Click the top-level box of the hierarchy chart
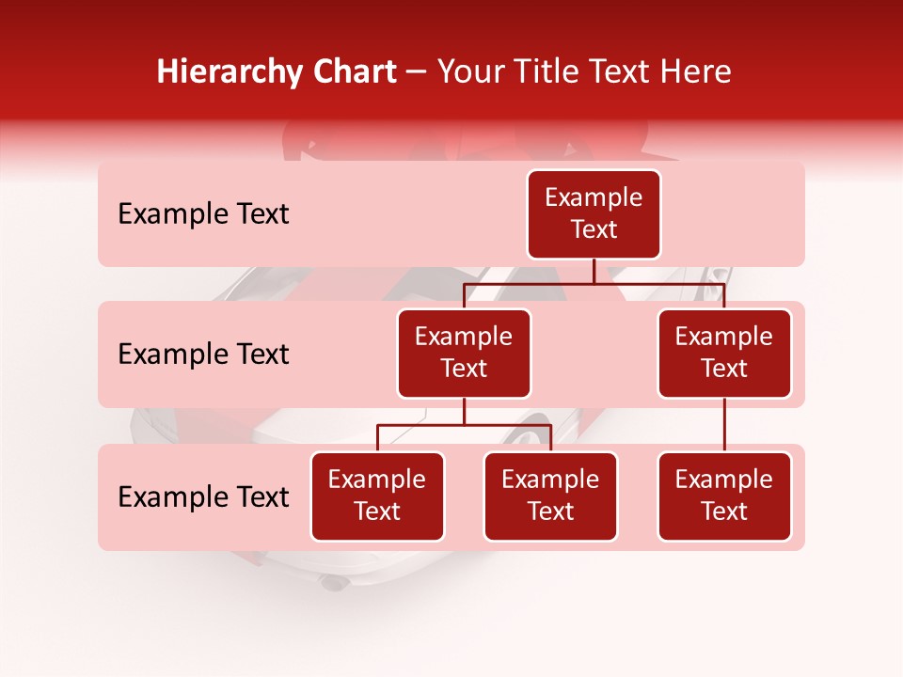click(594, 213)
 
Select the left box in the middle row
click(464, 353)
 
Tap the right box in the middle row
click(724, 353)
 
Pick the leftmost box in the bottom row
click(377, 496)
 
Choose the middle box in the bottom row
click(550, 496)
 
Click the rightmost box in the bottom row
click(724, 496)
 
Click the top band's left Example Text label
click(203, 214)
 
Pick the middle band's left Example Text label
click(203, 354)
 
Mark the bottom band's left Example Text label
click(203, 497)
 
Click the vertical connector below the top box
click(594, 271)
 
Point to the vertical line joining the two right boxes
click(724, 425)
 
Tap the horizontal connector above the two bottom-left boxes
click(464, 425)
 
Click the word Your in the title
click(467, 72)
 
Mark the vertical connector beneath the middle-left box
click(464, 412)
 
